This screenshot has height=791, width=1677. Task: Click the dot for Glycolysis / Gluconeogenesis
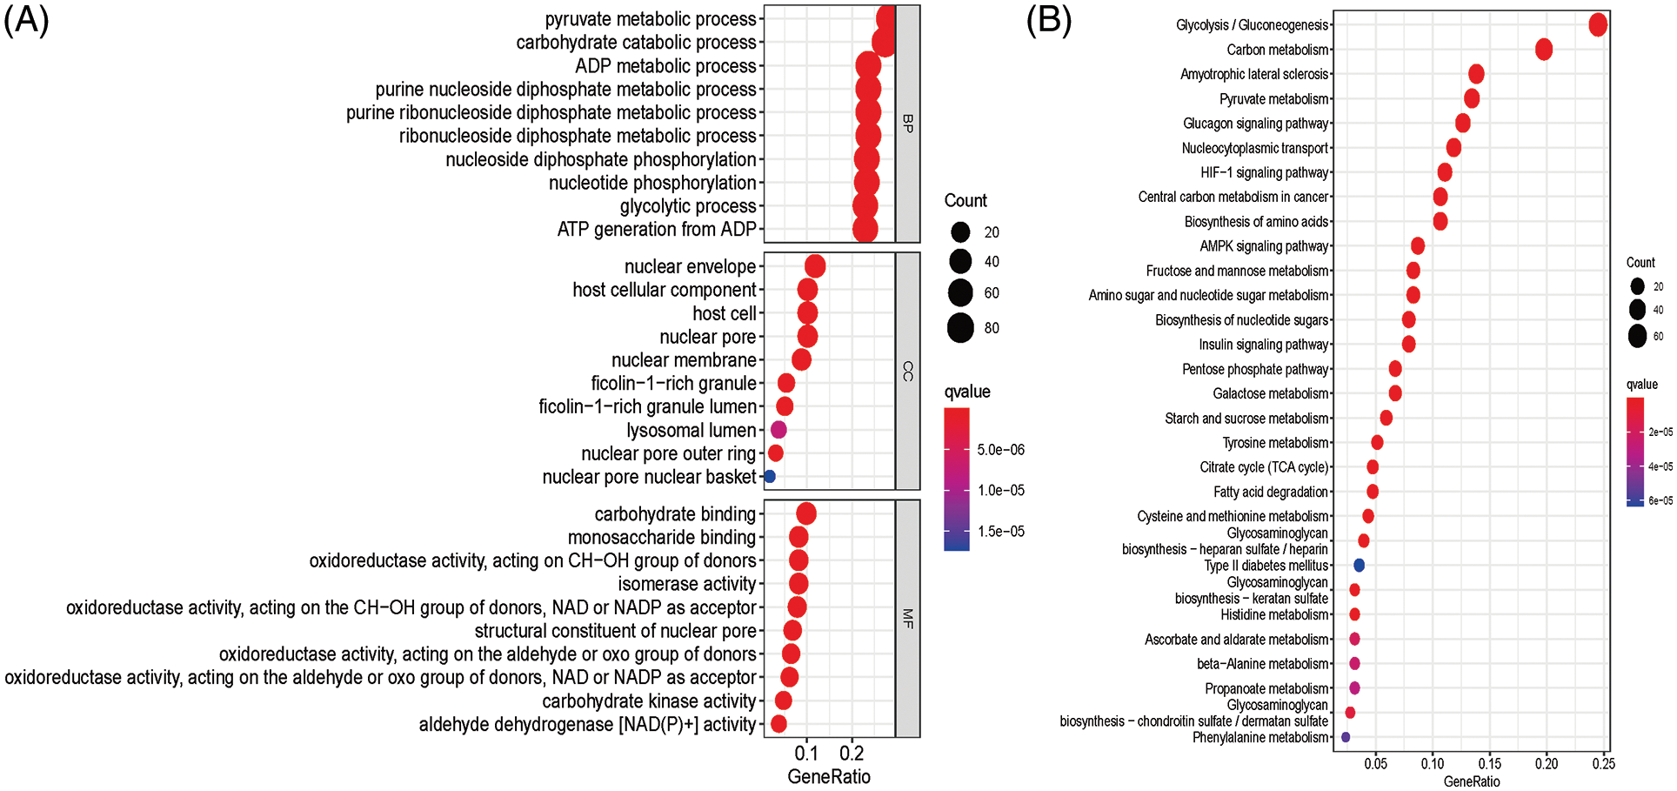point(1598,25)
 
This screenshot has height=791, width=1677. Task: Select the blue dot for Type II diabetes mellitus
point(1360,566)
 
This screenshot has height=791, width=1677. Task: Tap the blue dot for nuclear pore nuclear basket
point(769,477)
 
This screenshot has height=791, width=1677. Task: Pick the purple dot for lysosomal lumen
point(778,430)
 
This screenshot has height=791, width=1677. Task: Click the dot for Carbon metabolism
point(1544,50)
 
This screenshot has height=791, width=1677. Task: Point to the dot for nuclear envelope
point(815,266)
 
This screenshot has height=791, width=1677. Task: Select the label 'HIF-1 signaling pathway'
point(1265,172)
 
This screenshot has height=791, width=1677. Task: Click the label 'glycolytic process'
point(688,206)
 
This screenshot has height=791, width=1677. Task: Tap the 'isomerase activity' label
point(687,584)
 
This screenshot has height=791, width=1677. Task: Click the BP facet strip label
point(908,124)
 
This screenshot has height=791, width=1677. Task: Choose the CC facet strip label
point(908,372)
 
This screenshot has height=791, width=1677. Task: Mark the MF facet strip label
point(908,619)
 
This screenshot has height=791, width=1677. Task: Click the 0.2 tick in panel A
point(852,754)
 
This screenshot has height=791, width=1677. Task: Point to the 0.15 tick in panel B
point(1489,764)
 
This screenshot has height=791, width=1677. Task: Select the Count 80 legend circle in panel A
point(960,328)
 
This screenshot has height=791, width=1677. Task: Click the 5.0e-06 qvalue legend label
point(1001,450)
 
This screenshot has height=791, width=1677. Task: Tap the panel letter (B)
point(1048,19)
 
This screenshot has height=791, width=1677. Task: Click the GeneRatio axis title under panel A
point(829,777)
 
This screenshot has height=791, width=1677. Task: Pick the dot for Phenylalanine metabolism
point(1346,737)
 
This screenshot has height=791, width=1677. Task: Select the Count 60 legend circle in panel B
point(1638,336)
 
